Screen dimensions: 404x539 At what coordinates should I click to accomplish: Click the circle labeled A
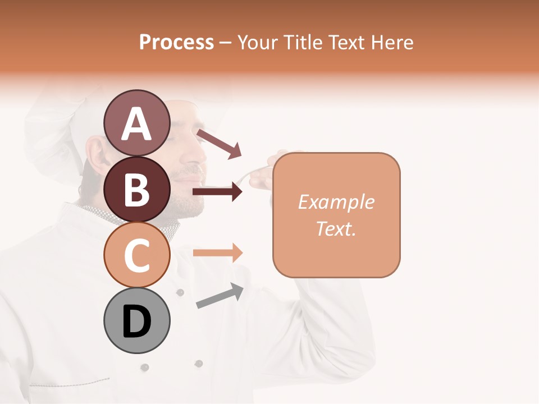click(136, 122)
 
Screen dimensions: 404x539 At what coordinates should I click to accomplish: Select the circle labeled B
click(136, 189)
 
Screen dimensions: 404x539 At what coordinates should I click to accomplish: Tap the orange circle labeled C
click(136, 255)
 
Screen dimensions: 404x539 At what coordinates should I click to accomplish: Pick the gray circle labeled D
click(136, 320)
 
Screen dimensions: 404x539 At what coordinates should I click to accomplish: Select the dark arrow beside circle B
click(217, 192)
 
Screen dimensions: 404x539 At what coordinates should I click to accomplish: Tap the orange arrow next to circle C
click(217, 252)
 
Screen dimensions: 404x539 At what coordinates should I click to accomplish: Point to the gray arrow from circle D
click(220, 296)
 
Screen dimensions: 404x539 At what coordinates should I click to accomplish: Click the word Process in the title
click(176, 42)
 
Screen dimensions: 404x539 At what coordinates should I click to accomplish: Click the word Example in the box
click(336, 202)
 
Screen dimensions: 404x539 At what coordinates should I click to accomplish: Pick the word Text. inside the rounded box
click(336, 228)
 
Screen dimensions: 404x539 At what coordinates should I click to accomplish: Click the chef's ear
click(96, 154)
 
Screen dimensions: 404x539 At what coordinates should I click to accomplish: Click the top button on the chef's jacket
click(180, 292)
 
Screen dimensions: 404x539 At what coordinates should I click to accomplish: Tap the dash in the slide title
click(226, 43)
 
